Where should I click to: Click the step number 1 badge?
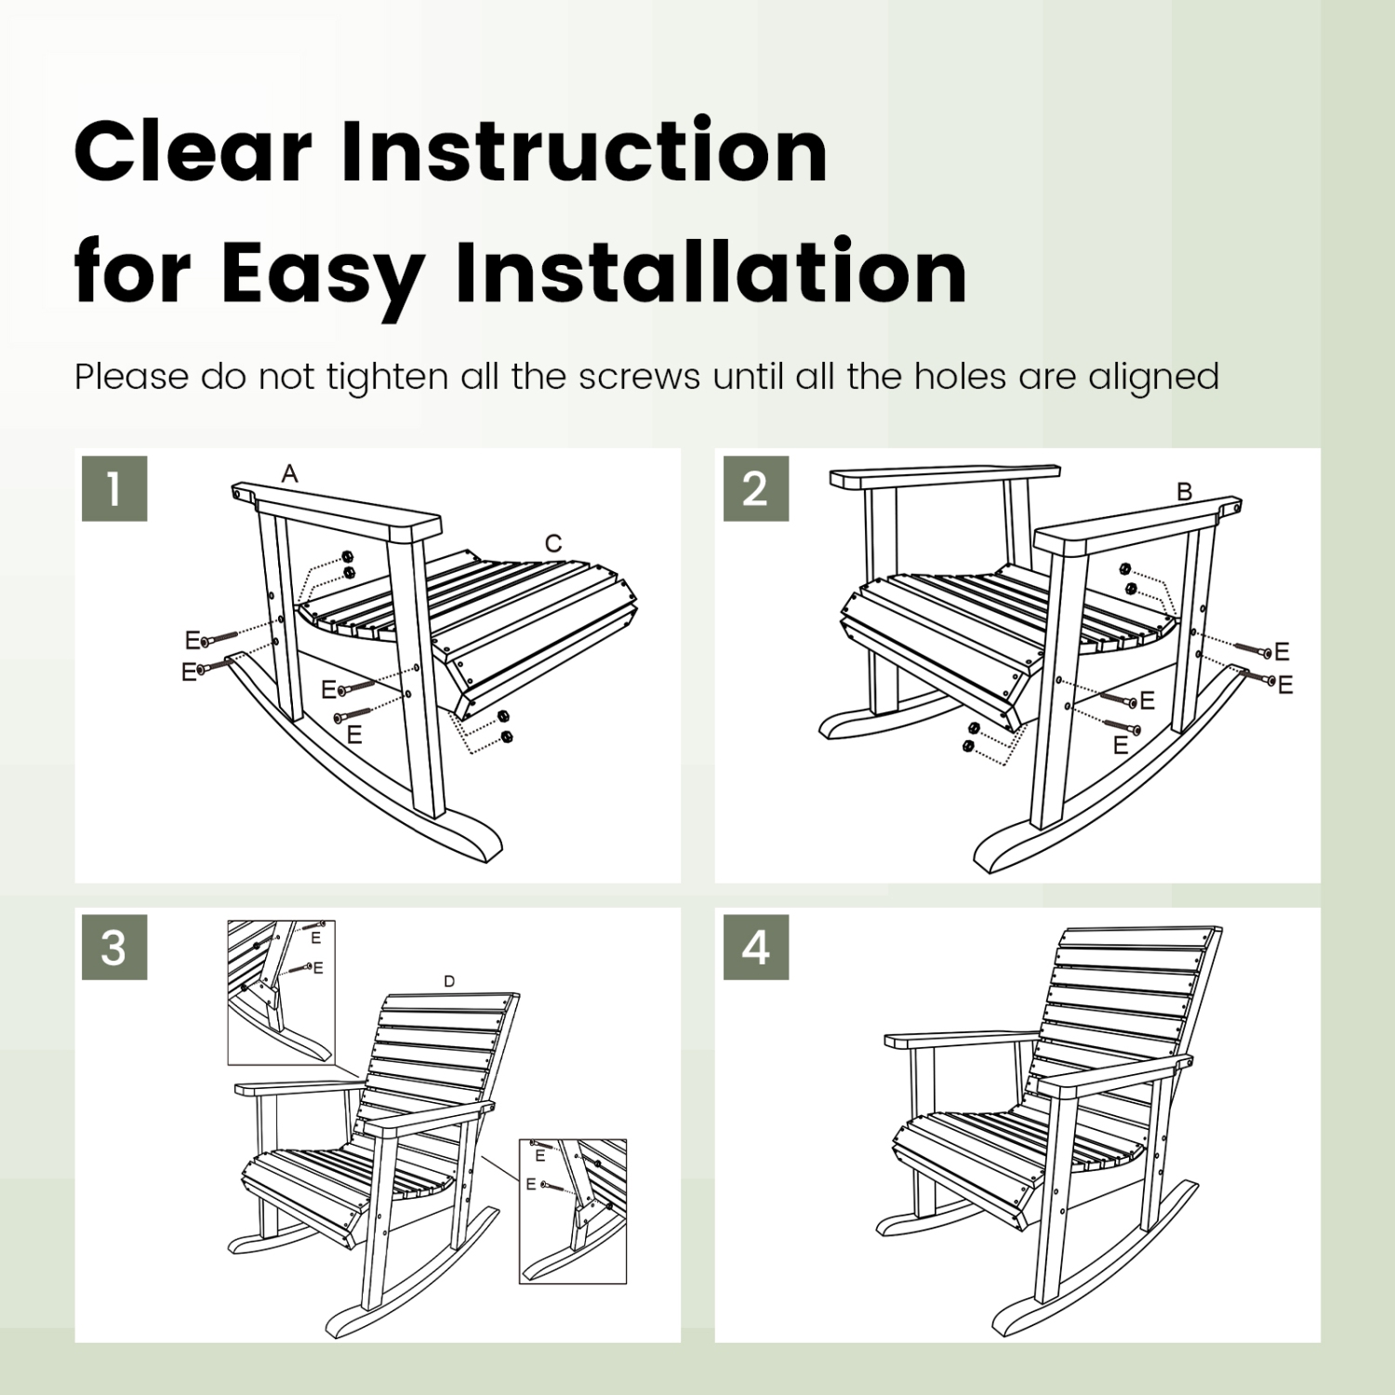114,488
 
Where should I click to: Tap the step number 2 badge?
755,488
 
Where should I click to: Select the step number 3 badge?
114,947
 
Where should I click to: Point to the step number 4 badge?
755,947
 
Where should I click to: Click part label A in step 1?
290,474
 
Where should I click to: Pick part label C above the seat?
553,544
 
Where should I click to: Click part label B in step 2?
1184,491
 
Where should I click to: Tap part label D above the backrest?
449,981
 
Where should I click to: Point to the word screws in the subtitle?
639,377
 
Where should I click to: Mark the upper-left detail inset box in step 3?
281,992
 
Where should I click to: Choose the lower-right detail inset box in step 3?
572,1211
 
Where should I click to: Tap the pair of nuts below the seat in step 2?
971,737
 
